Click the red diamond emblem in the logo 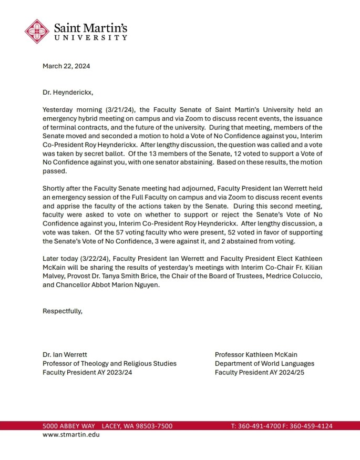pos(37,31)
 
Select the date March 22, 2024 pos(67,66)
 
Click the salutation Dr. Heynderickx pos(68,92)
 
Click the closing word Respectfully pos(62,311)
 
